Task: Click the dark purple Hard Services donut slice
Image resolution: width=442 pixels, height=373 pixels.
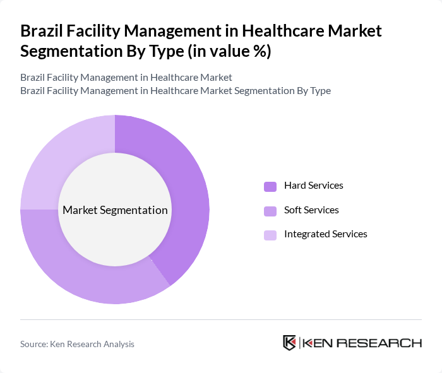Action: tap(189, 189)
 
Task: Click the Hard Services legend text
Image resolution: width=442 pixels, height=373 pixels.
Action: tap(313, 186)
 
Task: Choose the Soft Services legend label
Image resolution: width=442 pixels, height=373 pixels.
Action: tap(311, 210)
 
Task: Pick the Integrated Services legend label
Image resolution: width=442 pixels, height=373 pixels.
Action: tap(325, 234)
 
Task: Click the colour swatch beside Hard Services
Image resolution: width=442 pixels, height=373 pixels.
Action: tap(270, 186)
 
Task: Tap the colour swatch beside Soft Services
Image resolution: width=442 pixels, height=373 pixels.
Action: tap(270, 210)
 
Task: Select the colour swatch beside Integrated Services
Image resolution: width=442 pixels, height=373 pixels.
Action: tap(270, 235)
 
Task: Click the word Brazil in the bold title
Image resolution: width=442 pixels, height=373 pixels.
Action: tap(42, 30)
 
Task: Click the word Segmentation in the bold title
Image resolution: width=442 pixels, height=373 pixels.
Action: tap(70, 51)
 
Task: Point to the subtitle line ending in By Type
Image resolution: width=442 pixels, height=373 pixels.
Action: tap(176, 90)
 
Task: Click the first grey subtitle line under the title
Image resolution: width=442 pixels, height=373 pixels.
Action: tap(126, 77)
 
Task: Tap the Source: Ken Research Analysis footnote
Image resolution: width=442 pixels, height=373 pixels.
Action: tap(77, 344)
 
